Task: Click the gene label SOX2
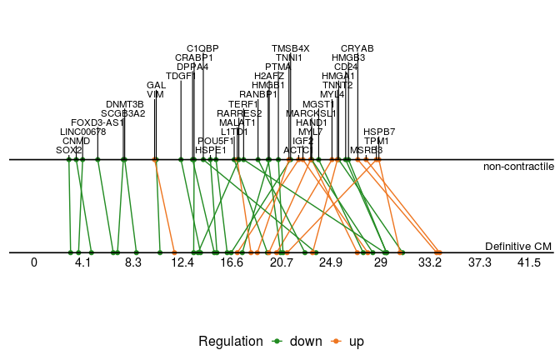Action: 69,150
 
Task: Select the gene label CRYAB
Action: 357,48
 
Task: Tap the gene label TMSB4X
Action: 290,48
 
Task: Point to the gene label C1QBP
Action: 202,48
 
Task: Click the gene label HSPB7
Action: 379,132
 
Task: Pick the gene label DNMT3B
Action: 124,104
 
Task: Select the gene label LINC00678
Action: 83,132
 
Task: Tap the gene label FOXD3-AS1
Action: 97,122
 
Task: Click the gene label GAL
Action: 156,85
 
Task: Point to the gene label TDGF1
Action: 181,76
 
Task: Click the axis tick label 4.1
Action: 82,263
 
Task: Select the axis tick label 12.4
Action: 182,263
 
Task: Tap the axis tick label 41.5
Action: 529,263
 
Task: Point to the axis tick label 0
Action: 34,263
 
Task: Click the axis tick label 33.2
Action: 430,263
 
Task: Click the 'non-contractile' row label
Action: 518,167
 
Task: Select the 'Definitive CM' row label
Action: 518,247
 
